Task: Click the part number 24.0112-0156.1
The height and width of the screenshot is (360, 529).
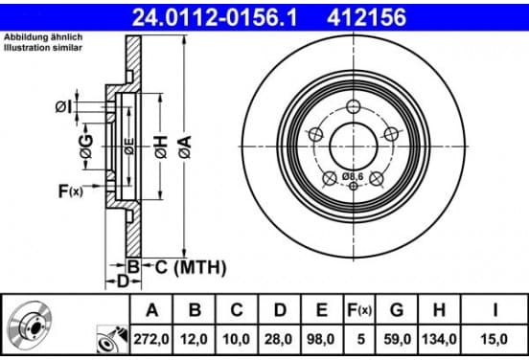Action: tap(215, 17)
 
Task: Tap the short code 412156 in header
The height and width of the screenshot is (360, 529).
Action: tap(366, 17)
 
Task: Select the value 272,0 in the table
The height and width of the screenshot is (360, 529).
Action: tap(151, 339)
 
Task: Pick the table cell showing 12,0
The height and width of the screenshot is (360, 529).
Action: tap(194, 339)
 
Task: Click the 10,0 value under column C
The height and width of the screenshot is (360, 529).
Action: tap(236, 339)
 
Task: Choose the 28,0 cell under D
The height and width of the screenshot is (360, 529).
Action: tap(278, 339)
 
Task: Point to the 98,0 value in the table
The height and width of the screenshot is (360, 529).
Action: tap(321, 339)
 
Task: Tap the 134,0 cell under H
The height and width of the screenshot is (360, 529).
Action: tap(439, 339)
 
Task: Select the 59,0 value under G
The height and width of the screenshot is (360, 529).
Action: tap(397, 339)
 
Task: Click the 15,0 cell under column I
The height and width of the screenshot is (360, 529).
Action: tap(494, 339)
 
